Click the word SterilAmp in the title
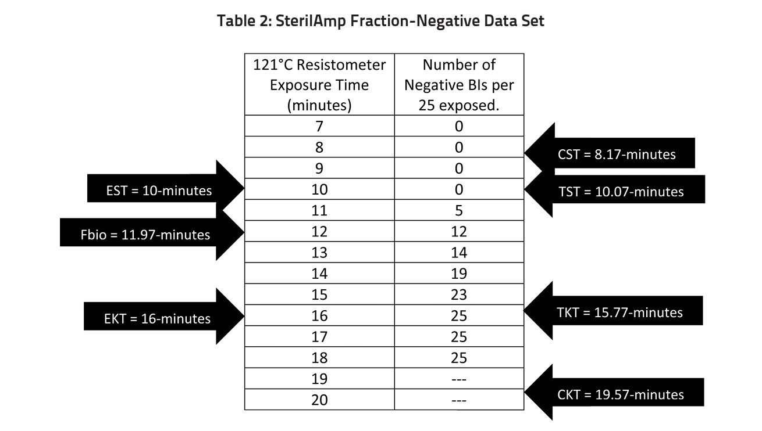[311, 21]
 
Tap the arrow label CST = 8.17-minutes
[617, 155]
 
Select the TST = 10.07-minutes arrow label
[621, 192]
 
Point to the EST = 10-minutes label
[159, 191]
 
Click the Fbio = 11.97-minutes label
[145, 235]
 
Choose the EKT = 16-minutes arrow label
[157, 318]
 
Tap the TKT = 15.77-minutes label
[619, 313]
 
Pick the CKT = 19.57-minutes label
[621, 394]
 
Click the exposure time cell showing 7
[319, 127]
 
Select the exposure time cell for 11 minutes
[319, 211]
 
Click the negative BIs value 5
[459, 211]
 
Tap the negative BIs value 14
[459, 253]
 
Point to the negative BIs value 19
[459, 274]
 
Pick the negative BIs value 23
[459, 295]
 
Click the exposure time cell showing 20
[319, 400]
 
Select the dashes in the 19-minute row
[459, 379]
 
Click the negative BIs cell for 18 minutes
[459, 358]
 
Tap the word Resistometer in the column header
[341, 65]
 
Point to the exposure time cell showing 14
[319, 274]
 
